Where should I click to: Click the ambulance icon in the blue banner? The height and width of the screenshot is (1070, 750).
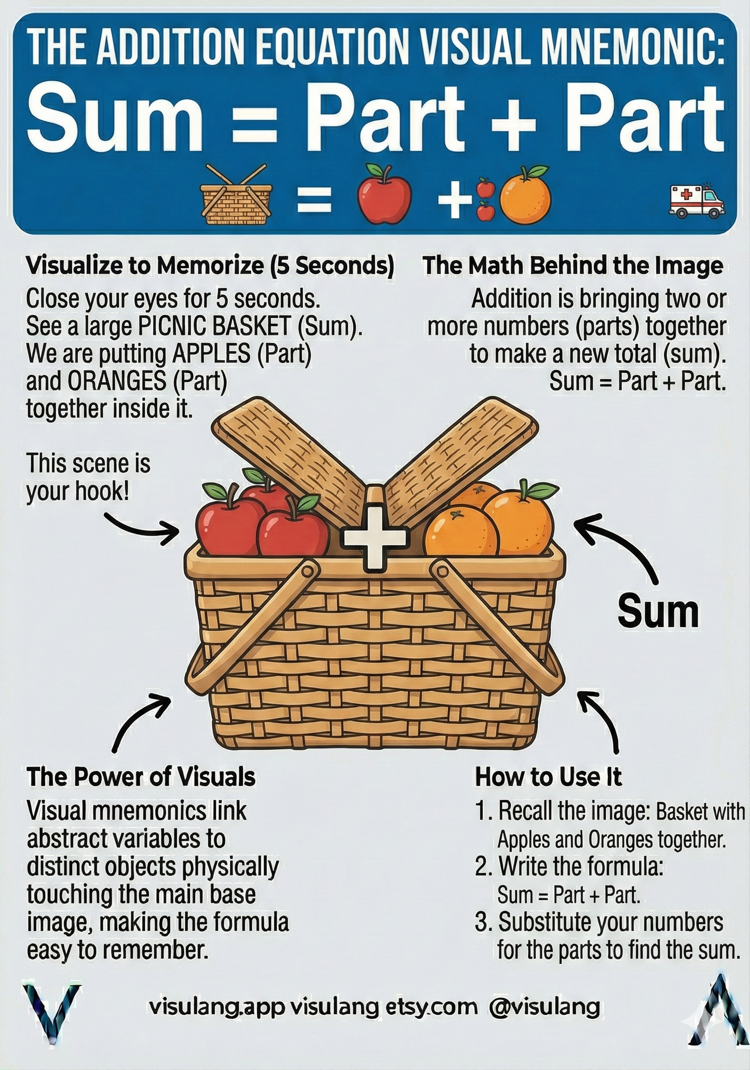click(696, 201)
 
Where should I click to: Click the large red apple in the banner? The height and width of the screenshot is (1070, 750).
click(384, 194)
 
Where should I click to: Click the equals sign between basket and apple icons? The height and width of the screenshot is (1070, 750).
click(314, 200)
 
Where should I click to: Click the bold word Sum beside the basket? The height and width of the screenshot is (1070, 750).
click(658, 612)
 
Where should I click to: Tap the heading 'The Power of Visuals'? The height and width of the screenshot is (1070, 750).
click(141, 777)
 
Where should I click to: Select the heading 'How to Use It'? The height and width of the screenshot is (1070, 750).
click(548, 777)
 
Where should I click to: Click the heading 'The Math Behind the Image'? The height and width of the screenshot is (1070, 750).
click(573, 265)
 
